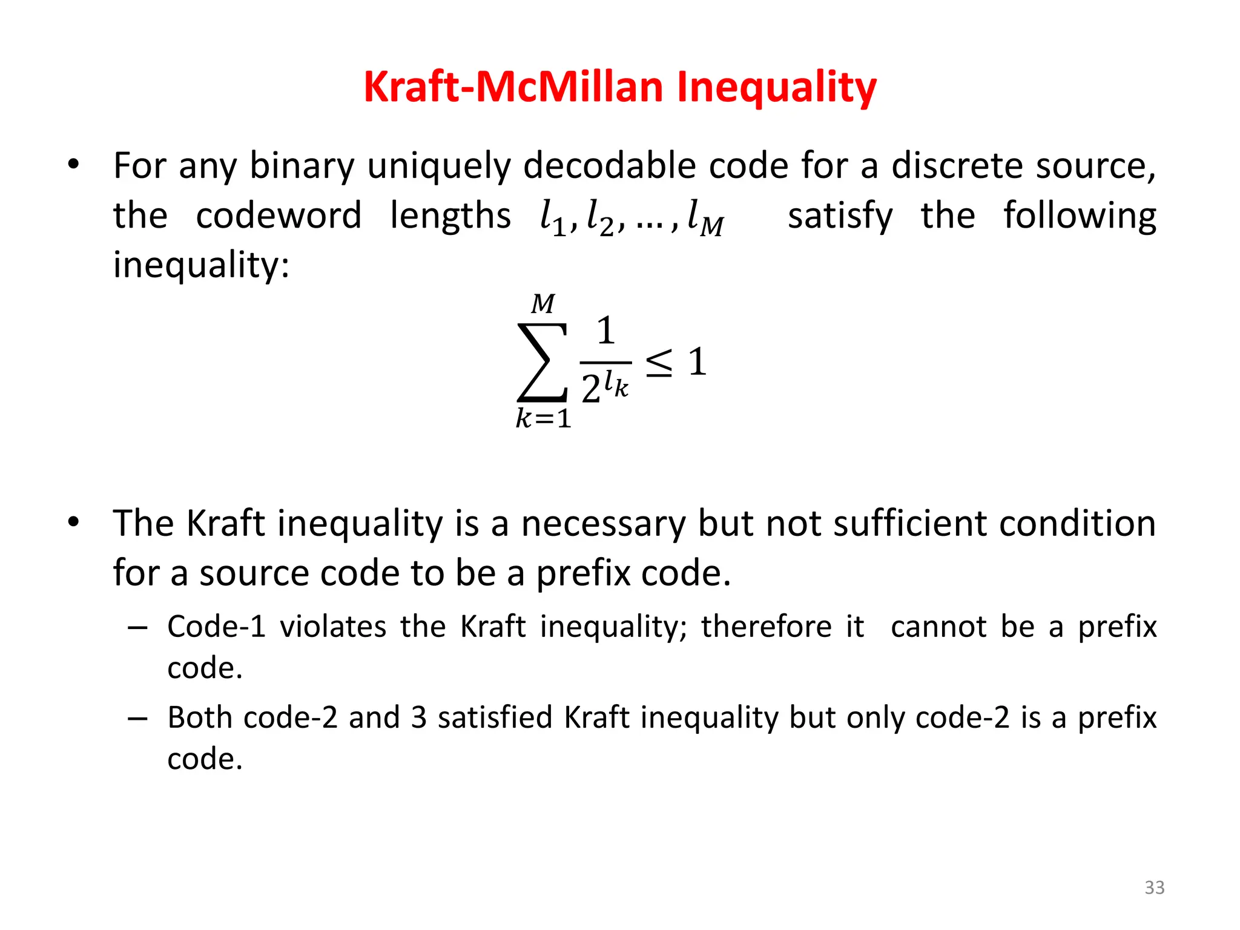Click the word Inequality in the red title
(x=776, y=88)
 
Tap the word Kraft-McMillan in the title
(x=514, y=88)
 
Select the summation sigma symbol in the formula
(x=542, y=363)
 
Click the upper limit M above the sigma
(x=543, y=303)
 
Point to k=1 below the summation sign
(x=543, y=418)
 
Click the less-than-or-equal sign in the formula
(x=659, y=363)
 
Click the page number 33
(x=1154, y=887)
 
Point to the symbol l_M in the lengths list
(x=705, y=217)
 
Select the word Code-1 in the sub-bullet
(x=216, y=626)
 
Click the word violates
(x=333, y=626)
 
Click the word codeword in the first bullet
(x=279, y=216)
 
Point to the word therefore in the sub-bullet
(x=767, y=626)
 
